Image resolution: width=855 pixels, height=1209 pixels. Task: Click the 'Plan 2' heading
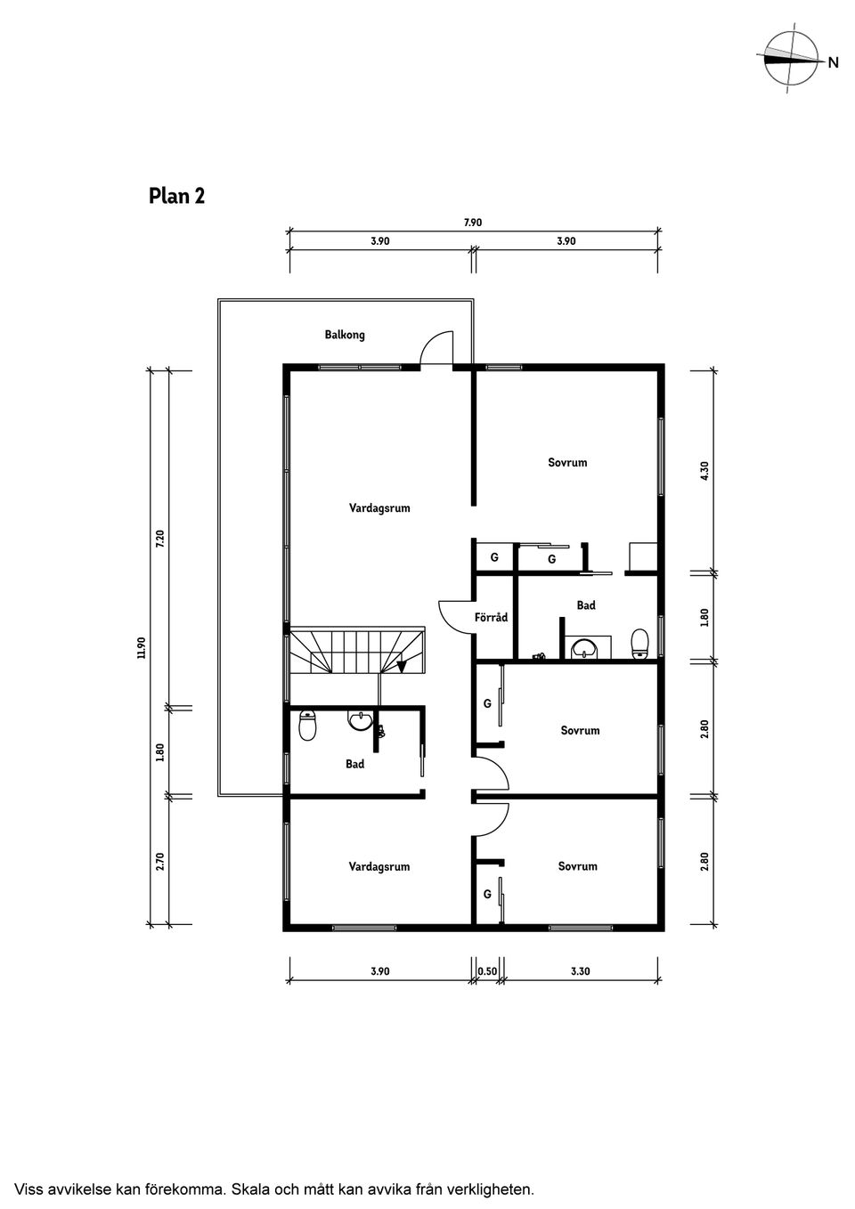pyautogui.click(x=176, y=196)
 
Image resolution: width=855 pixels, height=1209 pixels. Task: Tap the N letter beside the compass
pyautogui.click(x=833, y=62)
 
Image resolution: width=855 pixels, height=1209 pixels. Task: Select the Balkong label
pyautogui.click(x=345, y=335)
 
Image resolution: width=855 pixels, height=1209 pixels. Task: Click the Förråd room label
pyautogui.click(x=491, y=616)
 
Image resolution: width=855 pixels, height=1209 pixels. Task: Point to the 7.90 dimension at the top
pyautogui.click(x=472, y=223)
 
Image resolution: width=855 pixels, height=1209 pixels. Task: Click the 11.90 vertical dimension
pyautogui.click(x=142, y=647)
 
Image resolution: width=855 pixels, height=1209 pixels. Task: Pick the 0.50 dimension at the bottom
pyautogui.click(x=487, y=971)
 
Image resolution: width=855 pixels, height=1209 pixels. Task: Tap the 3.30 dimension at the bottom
pyautogui.click(x=581, y=971)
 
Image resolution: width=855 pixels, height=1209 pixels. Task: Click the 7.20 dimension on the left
pyautogui.click(x=159, y=538)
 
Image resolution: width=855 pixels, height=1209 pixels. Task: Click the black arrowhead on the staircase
pyautogui.click(x=401, y=667)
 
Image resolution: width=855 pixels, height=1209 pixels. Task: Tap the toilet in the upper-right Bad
pyautogui.click(x=639, y=644)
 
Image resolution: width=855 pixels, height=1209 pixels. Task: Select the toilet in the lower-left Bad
pyautogui.click(x=307, y=726)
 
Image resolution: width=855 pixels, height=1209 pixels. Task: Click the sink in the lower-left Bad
pyautogui.click(x=360, y=721)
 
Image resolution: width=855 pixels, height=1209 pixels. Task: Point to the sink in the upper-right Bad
pyautogui.click(x=584, y=648)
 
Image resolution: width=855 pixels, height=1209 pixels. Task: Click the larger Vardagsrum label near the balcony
pyautogui.click(x=379, y=507)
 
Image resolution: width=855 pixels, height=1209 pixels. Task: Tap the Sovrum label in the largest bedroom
pyautogui.click(x=567, y=462)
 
